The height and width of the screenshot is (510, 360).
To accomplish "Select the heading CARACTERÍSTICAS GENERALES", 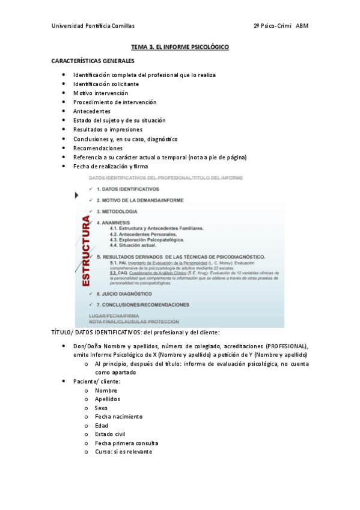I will [93, 61].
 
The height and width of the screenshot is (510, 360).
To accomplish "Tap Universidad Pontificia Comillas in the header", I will [93, 26].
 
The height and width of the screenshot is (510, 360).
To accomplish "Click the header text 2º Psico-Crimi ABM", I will [281, 26].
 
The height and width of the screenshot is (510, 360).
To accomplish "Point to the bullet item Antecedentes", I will [92, 111].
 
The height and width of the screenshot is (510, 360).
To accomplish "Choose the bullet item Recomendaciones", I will [98, 148].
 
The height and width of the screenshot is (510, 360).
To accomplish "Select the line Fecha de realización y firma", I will [111, 166].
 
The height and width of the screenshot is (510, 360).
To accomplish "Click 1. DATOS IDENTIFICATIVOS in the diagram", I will [127, 189].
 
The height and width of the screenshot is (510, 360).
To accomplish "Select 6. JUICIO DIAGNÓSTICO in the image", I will [124, 293].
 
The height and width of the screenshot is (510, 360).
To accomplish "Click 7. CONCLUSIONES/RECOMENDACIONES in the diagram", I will [142, 304].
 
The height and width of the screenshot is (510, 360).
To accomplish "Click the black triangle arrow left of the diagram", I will [76, 195].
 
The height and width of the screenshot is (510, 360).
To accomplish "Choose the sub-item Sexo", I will [101, 408].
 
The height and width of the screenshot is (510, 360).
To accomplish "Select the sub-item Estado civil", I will [110, 434].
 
